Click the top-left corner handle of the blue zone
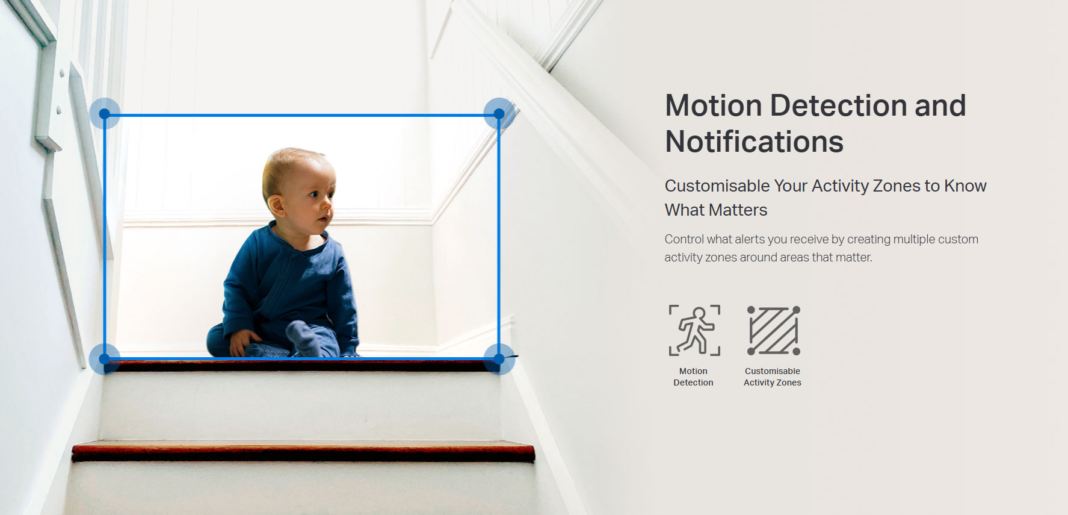point(105,114)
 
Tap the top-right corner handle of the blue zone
point(499,114)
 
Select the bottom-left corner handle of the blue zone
point(105,359)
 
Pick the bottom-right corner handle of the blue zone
point(499,359)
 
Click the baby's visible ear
point(276,205)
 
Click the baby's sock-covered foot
point(304,337)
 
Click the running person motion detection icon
point(694,330)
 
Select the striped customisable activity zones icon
point(774,330)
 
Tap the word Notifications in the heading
point(755,142)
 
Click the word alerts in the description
point(750,239)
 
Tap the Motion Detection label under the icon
point(693,377)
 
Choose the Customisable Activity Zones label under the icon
point(773,377)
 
